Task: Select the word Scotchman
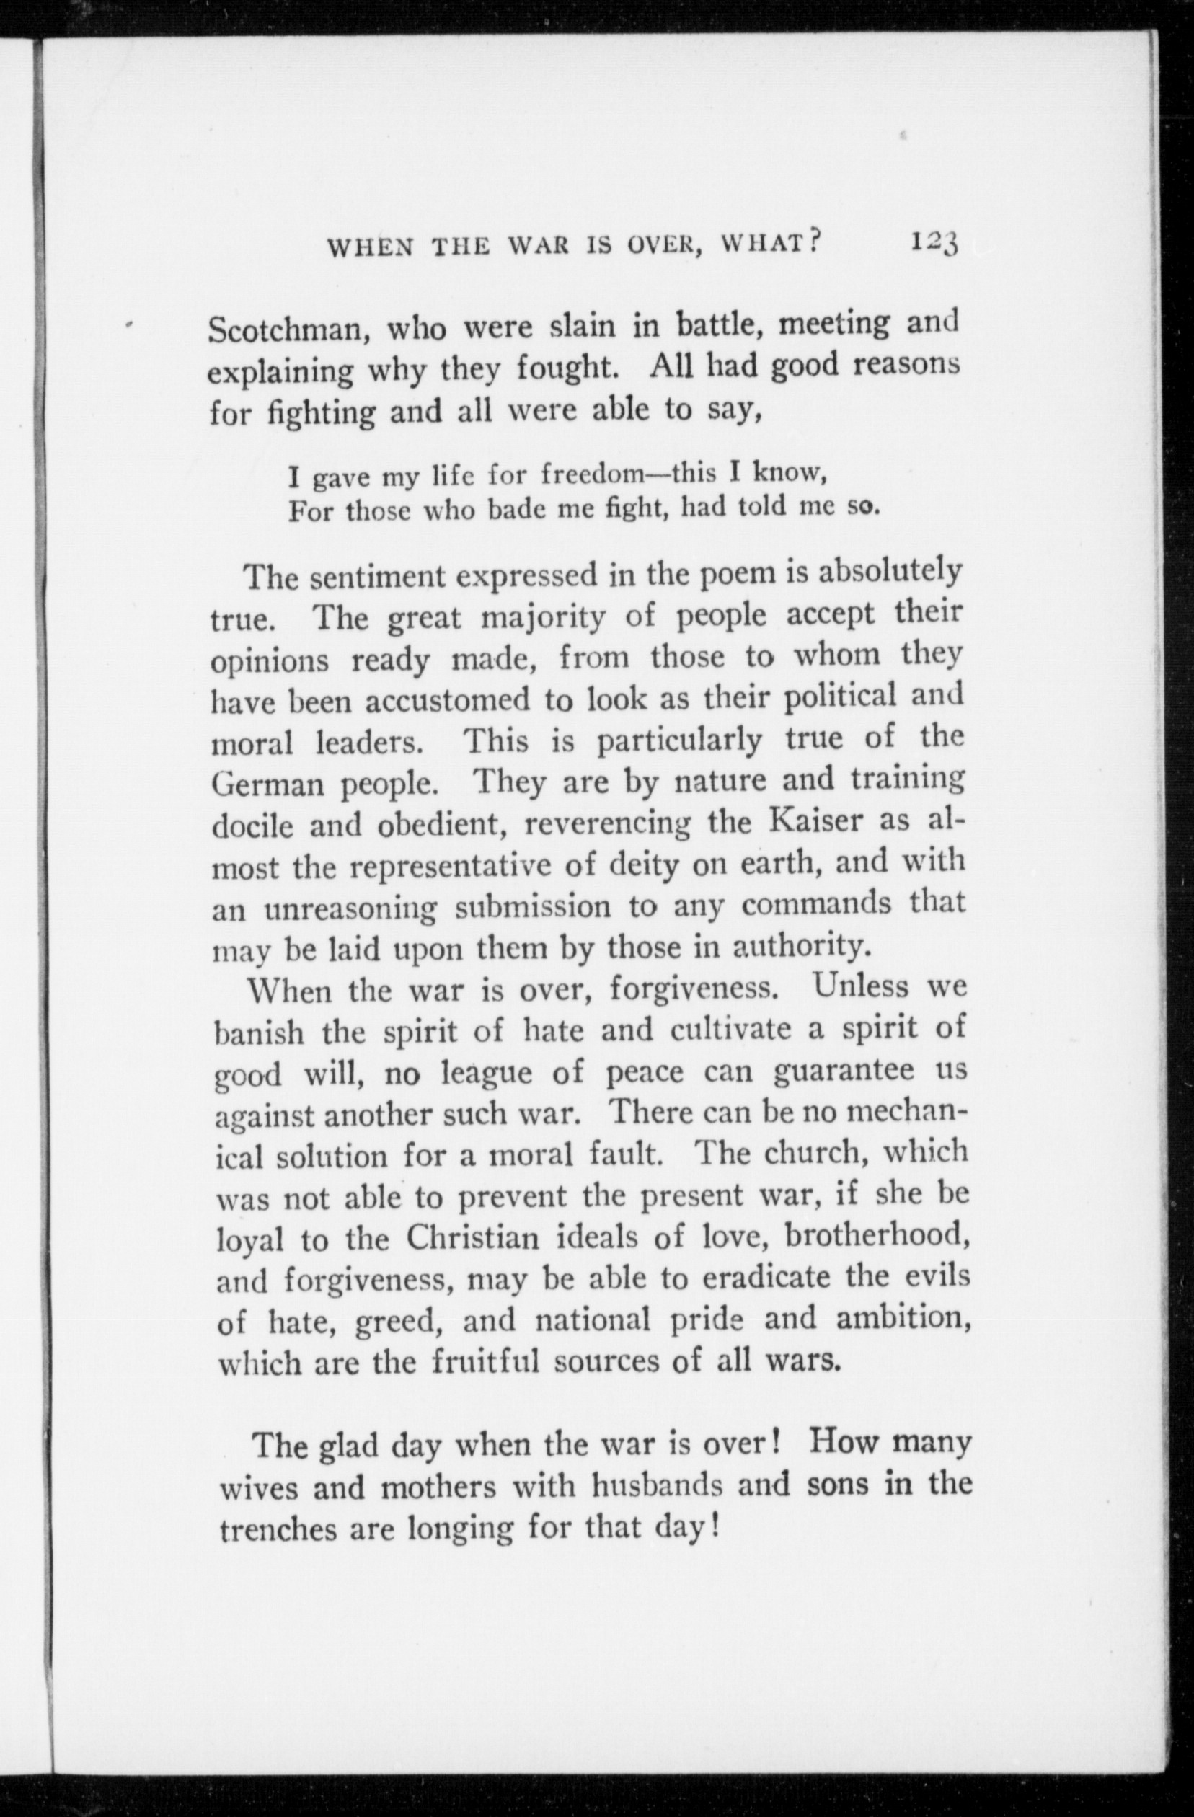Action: point(290,330)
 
